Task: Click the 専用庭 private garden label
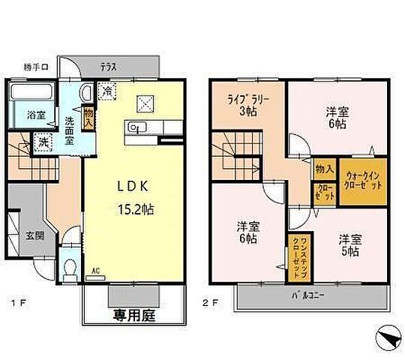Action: pyautogui.click(x=134, y=316)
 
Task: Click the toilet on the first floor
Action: pyautogui.click(x=70, y=267)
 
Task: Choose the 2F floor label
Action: pyautogui.click(x=213, y=304)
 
